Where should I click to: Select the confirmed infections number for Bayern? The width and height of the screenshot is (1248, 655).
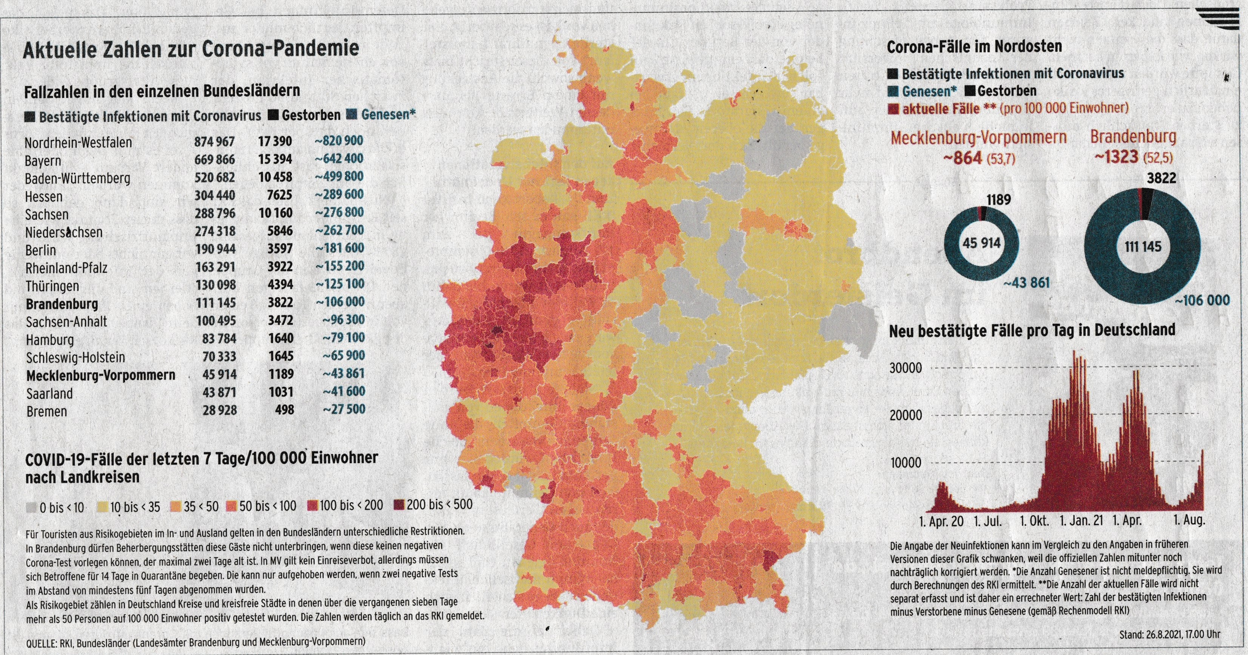(x=214, y=159)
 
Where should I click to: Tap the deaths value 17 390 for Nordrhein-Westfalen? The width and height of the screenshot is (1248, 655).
(x=275, y=142)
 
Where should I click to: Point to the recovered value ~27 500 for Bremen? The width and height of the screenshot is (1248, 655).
(x=344, y=409)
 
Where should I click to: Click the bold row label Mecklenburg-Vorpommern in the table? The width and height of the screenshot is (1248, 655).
(x=100, y=375)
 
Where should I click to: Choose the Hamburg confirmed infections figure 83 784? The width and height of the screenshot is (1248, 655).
(x=219, y=338)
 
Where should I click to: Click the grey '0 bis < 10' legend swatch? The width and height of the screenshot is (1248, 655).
(x=31, y=508)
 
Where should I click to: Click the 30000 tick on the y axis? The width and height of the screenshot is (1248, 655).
(x=906, y=368)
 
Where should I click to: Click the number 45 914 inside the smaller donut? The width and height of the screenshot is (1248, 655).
(x=981, y=243)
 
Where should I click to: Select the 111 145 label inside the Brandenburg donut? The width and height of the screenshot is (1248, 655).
(x=1142, y=247)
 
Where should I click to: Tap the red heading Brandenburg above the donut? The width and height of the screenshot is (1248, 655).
(x=1133, y=137)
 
